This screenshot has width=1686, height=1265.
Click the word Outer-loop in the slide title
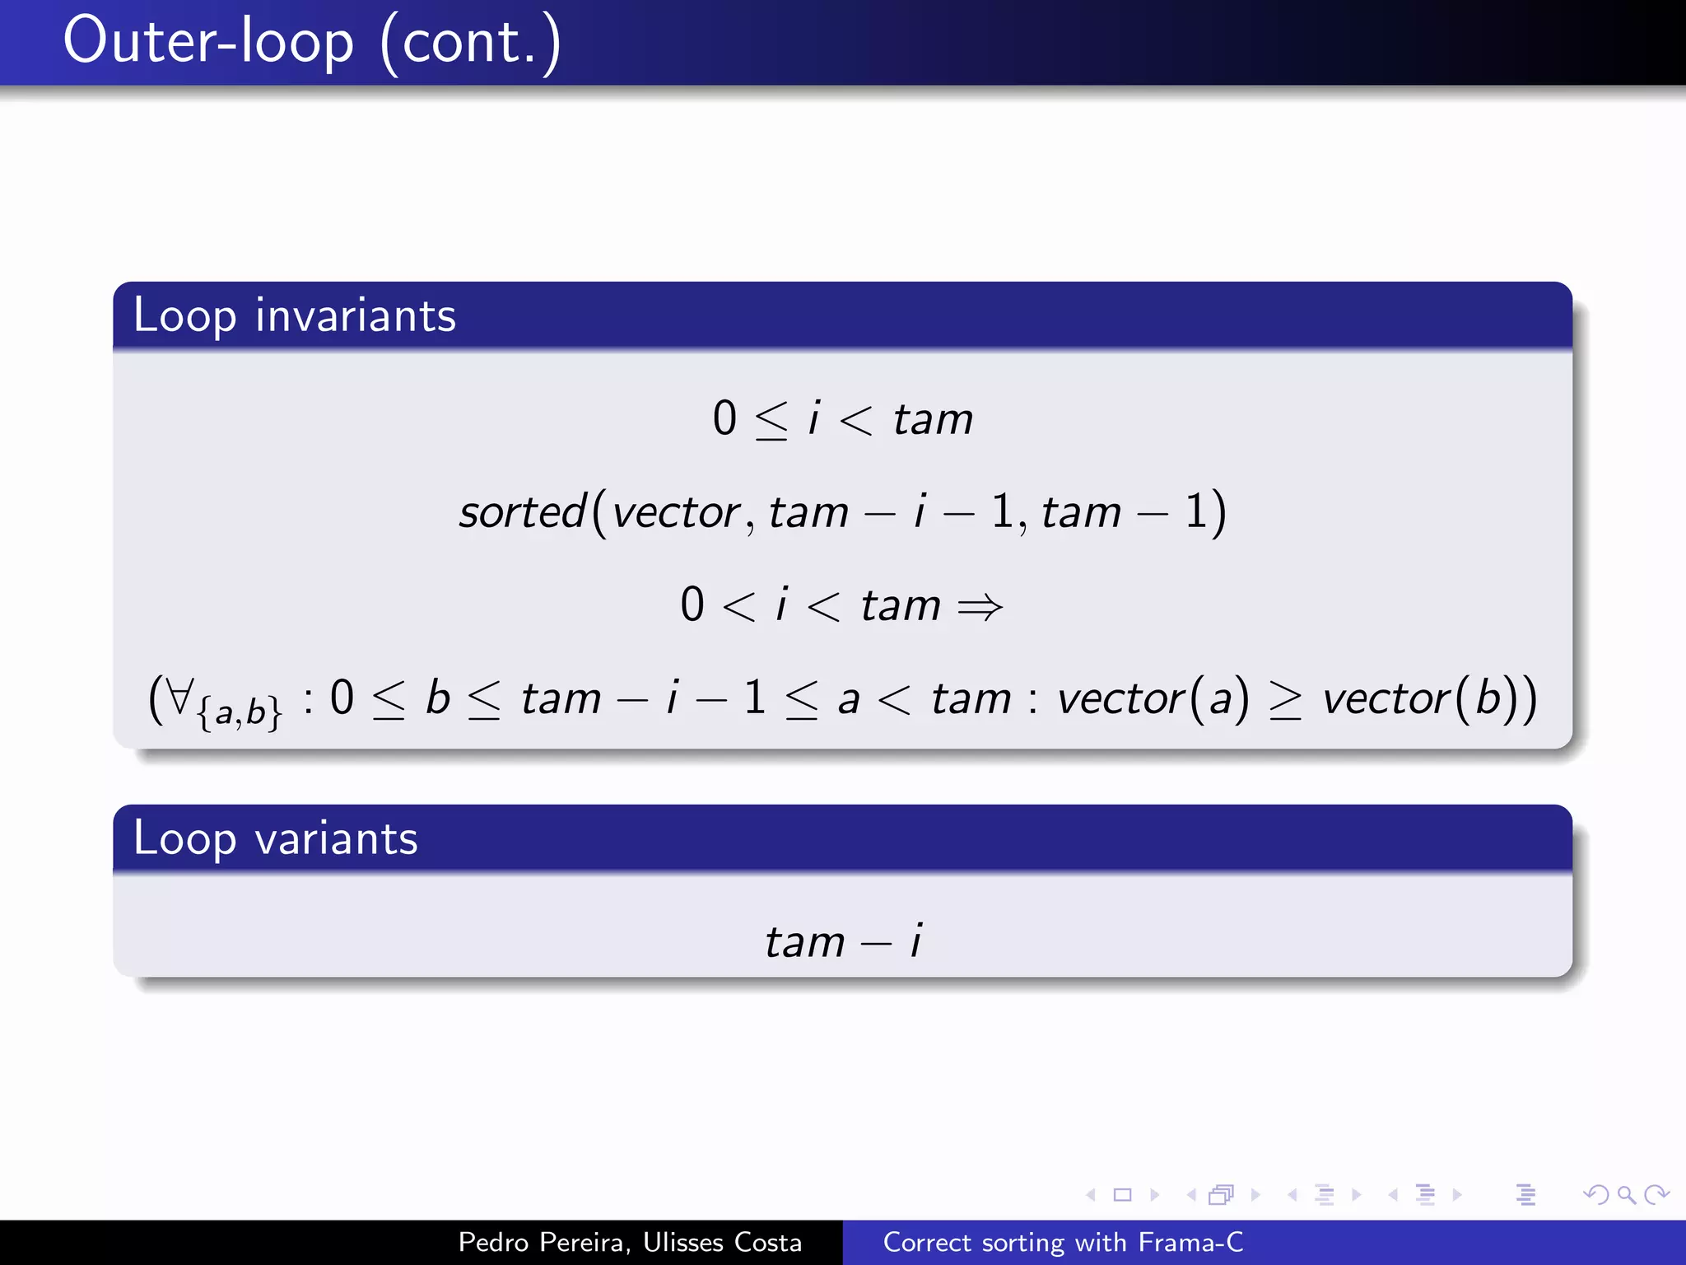pyautogui.click(x=207, y=41)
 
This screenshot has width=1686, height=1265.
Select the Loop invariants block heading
pyautogui.click(x=294, y=315)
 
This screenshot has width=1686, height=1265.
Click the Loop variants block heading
pyautogui.click(x=275, y=838)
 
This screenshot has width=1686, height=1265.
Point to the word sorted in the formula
pyautogui.click(x=522, y=511)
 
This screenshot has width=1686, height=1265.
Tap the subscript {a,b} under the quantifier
pyautogui.click(x=239, y=712)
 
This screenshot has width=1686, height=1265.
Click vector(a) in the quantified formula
pyautogui.click(x=1153, y=698)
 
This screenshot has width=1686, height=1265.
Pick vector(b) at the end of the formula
pyautogui.click(x=1420, y=698)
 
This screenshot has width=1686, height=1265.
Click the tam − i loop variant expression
pyautogui.click(x=843, y=941)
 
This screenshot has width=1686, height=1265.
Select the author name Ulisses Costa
pyautogui.click(x=722, y=1242)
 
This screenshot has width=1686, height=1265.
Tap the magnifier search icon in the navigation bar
pyautogui.click(x=1625, y=1194)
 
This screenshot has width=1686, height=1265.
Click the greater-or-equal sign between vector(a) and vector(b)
pyautogui.click(x=1284, y=700)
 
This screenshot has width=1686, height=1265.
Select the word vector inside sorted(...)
pyautogui.click(x=677, y=512)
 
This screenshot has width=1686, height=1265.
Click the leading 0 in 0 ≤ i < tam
pyautogui.click(x=724, y=418)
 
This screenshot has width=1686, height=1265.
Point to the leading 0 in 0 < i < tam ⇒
pyautogui.click(x=692, y=604)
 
